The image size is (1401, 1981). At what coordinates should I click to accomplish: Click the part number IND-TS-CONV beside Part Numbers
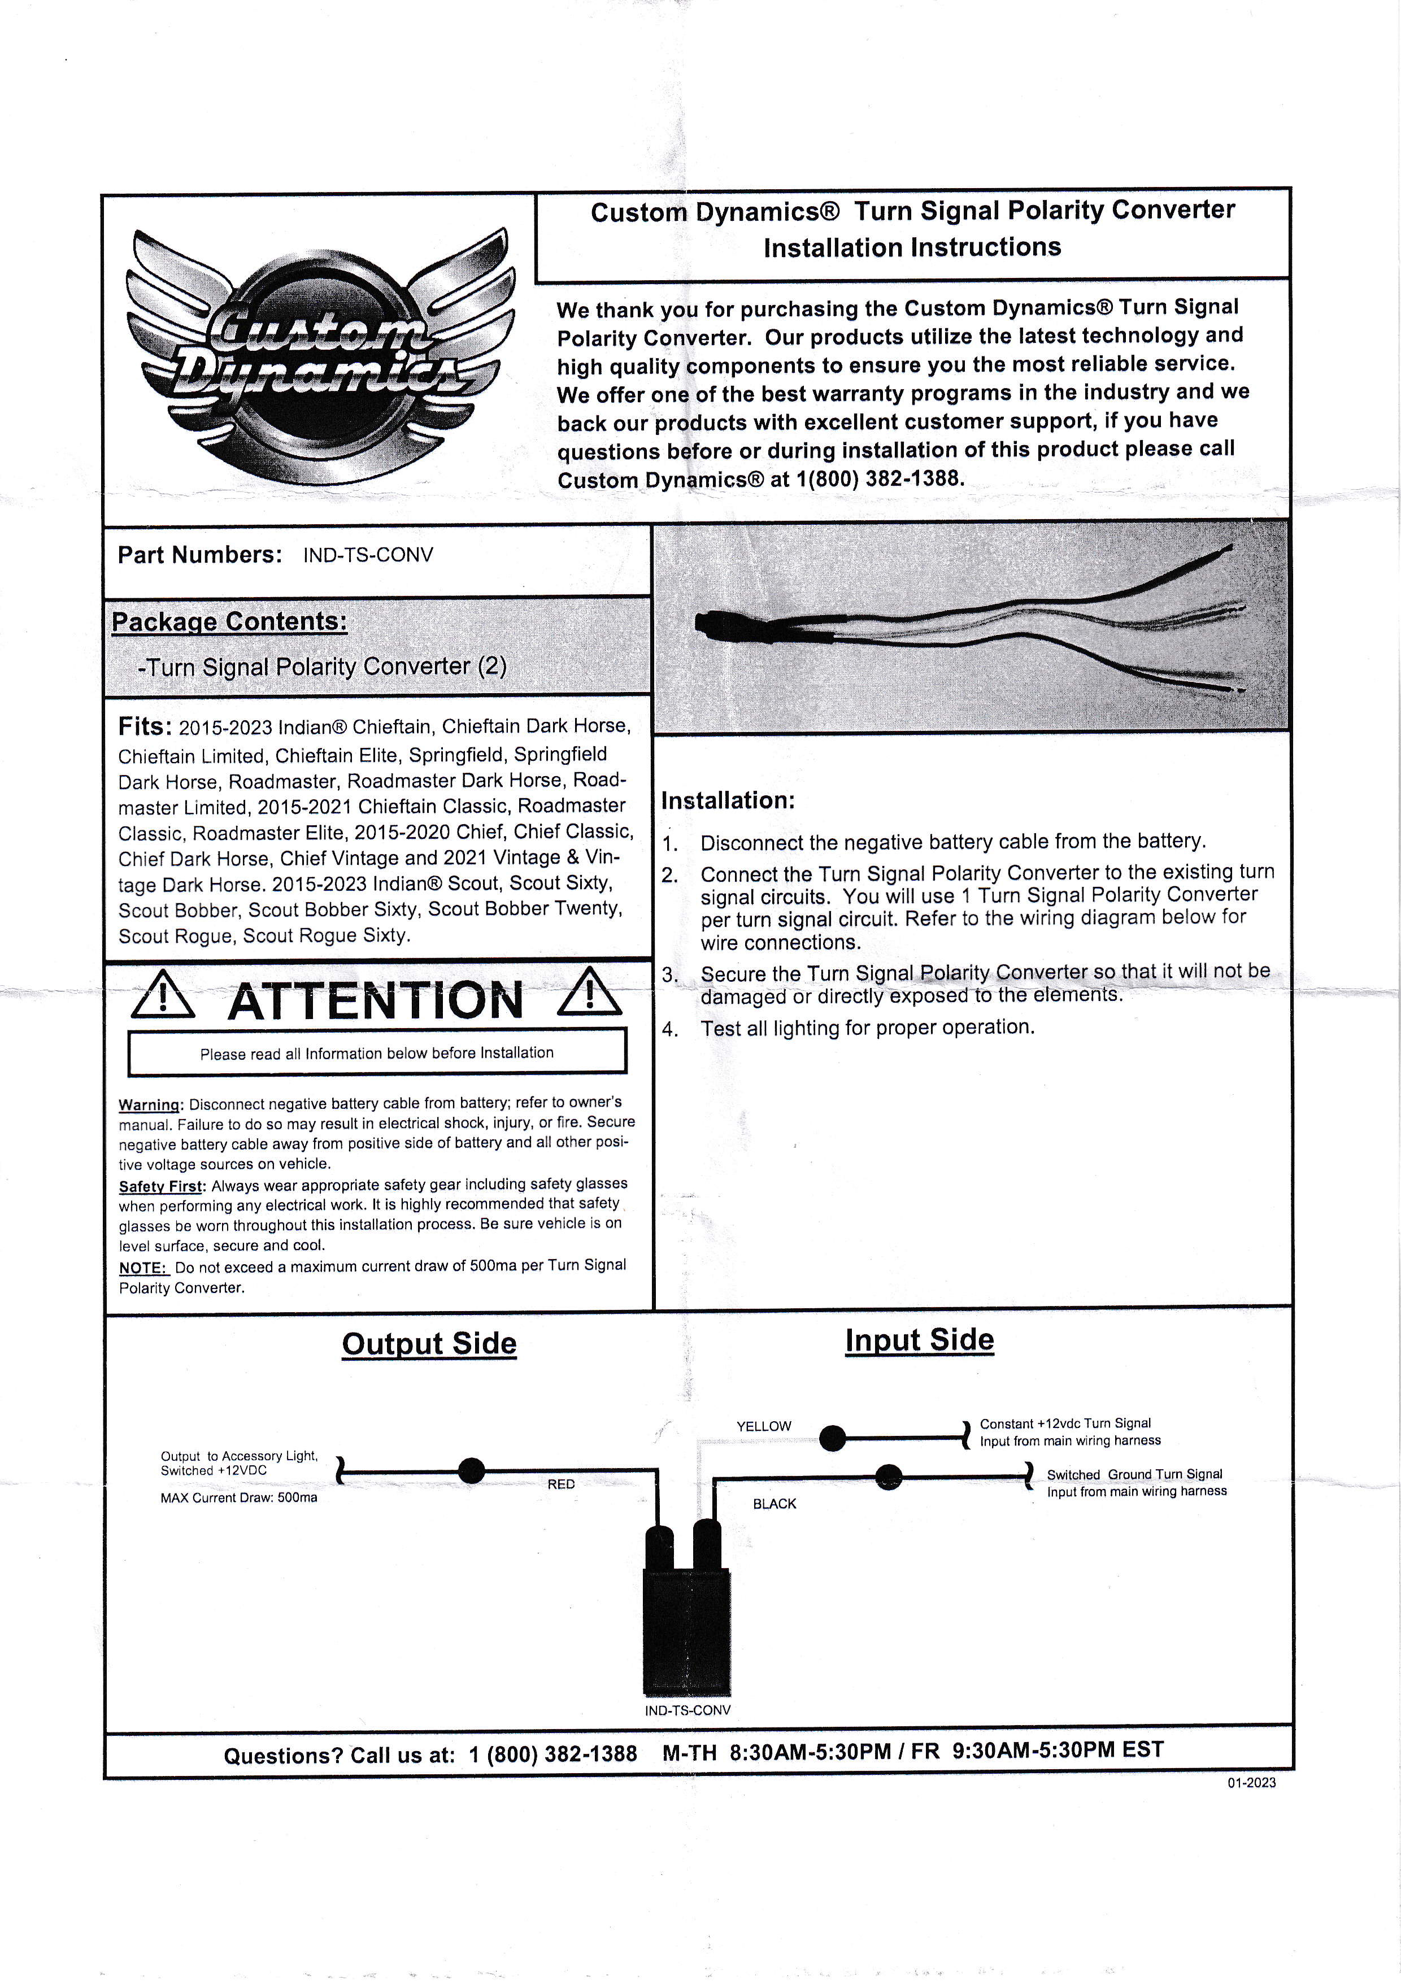(x=368, y=555)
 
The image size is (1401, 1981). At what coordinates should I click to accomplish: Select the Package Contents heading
(x=229, y=621)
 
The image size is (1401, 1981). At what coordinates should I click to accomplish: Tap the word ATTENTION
(x=375, y=1001)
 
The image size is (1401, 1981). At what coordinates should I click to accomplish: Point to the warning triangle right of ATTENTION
(x=589, y=992)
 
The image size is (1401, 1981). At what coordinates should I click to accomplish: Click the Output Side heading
(x=429, y=1343)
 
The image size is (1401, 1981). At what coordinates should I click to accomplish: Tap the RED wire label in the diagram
(x=561, y=1484)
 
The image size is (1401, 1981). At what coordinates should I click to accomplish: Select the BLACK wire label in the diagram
(x=774, y=1504)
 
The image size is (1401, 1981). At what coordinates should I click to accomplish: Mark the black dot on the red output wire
(x=471, y=1470)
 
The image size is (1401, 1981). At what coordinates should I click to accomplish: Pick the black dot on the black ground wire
(x=889, y=1477)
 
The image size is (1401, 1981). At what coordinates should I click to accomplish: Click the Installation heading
(x=727, y=800)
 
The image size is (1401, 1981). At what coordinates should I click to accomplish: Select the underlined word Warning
(x=149, y=1104)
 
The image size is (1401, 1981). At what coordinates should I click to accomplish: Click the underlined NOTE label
(x=142, y=1268)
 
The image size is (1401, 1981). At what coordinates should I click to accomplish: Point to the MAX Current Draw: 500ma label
(x=238, y=1498)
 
